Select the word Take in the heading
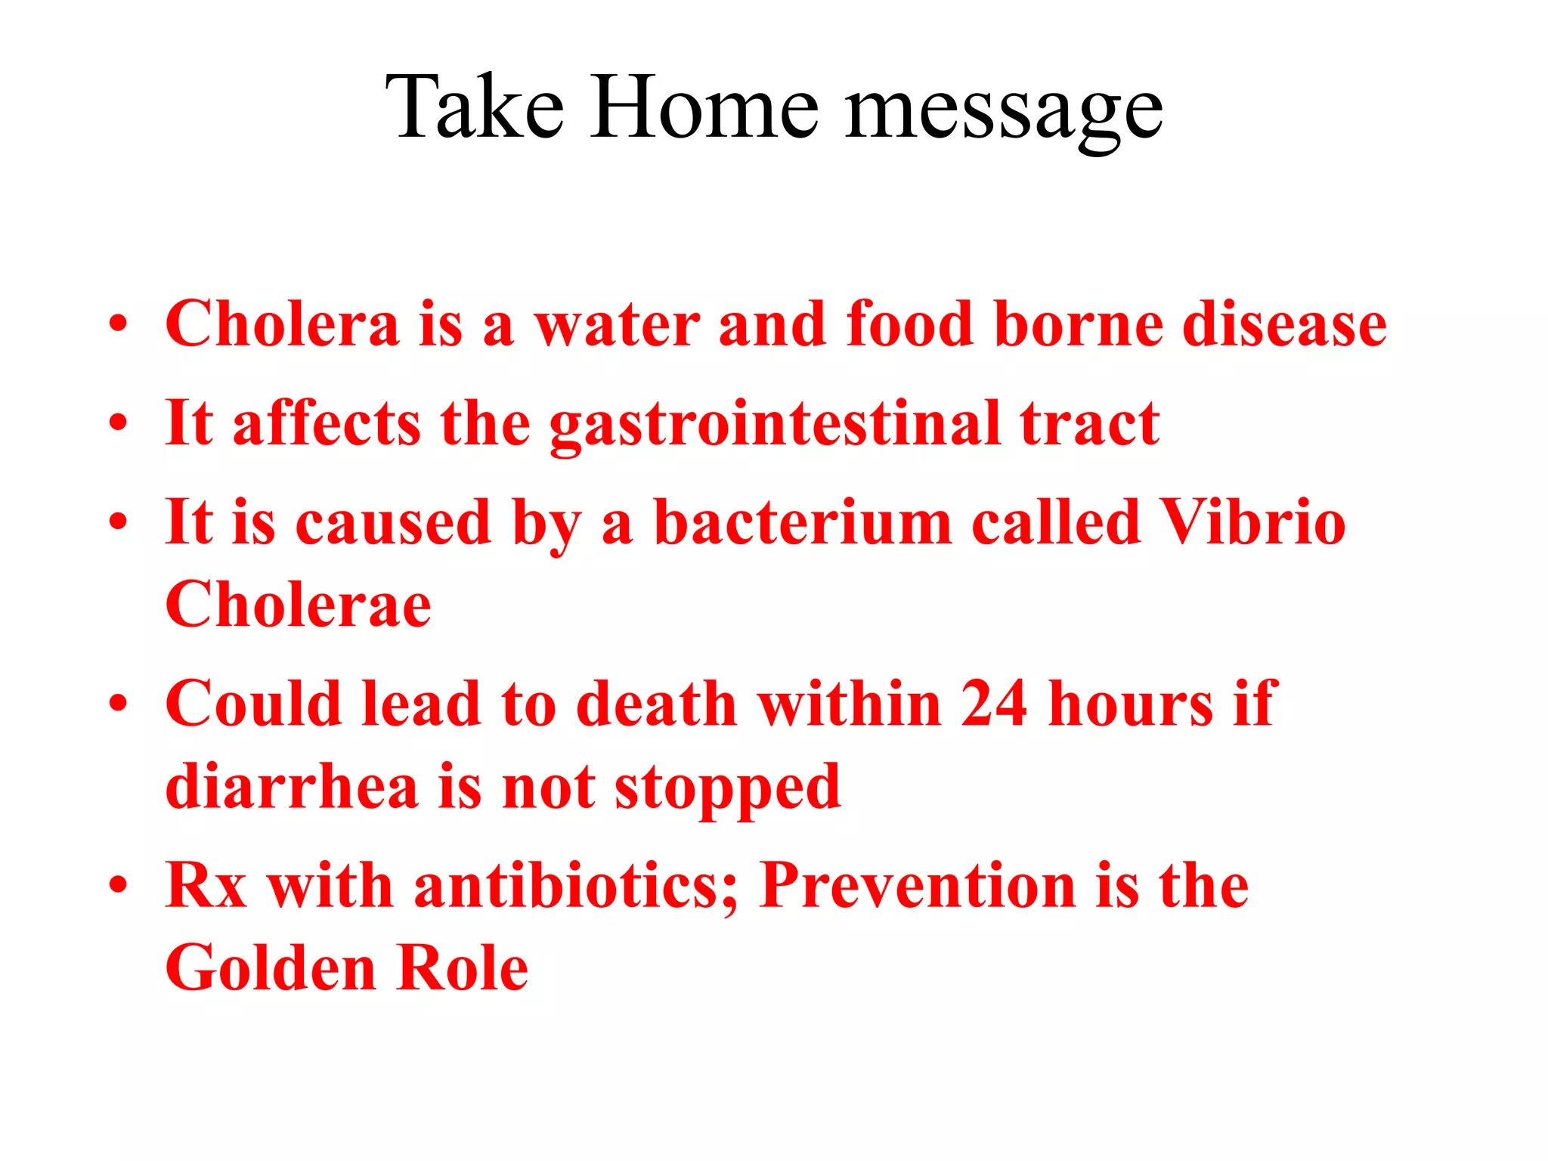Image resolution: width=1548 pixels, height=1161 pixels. [x=475, y=107]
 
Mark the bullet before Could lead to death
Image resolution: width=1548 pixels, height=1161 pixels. [x=118, y=704]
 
